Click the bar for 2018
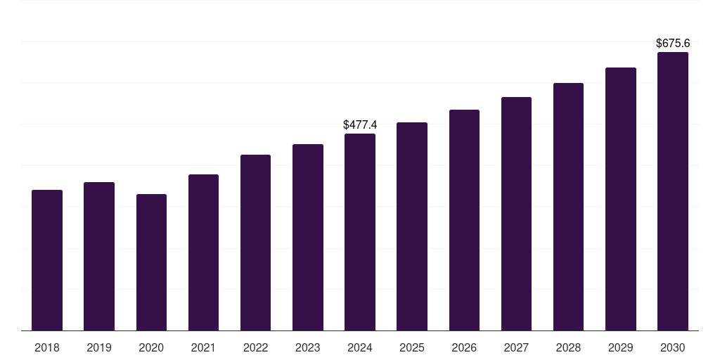click(47, 260)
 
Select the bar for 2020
click(151, 262)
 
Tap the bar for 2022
click(255, 243)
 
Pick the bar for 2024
click(360, 232)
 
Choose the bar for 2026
click(464, 220)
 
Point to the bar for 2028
click(568, 207)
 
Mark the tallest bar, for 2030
click(673, 191)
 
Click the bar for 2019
click(99, 257)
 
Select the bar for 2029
click(621, 199)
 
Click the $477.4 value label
click(360, 124)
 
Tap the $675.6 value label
click(673, 43)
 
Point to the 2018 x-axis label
click(47, 347)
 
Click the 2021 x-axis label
click(203, 347)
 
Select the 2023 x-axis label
click(308, 347)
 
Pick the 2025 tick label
click(412, 347)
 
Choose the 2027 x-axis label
click(516, 347)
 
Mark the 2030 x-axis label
click(673, 347)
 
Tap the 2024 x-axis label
click(360, 347)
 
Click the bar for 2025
click(412, 226)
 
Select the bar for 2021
click(203, 252)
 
